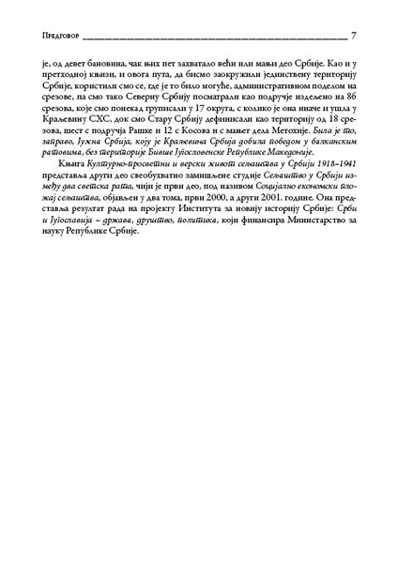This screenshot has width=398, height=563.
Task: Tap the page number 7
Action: pyautogui.click(x=353, y=37)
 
